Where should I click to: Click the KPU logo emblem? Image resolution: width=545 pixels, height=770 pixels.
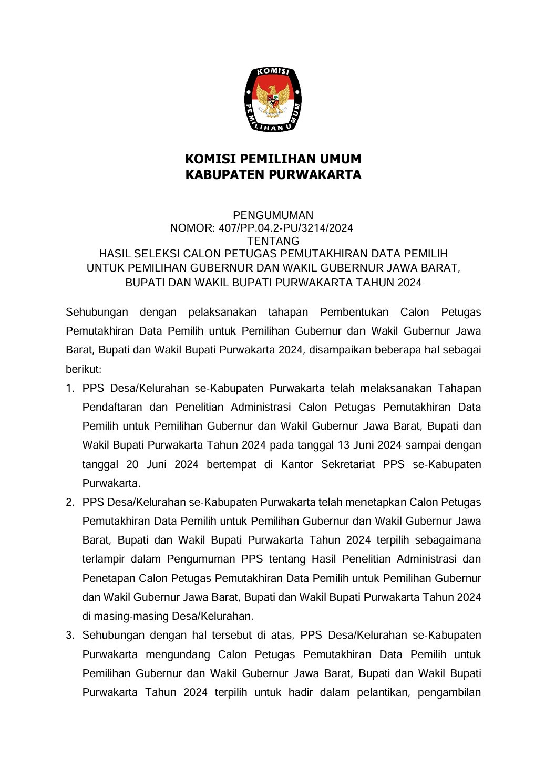click(273, 100)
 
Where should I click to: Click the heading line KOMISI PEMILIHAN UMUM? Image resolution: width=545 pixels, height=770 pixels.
click(273, 159)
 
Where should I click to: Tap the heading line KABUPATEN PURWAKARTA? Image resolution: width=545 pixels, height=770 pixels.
click(273, 175)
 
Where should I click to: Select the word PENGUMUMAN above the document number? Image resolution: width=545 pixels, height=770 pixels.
click(273, 215)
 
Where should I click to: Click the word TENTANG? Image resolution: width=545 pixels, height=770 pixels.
click(273, 241)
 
